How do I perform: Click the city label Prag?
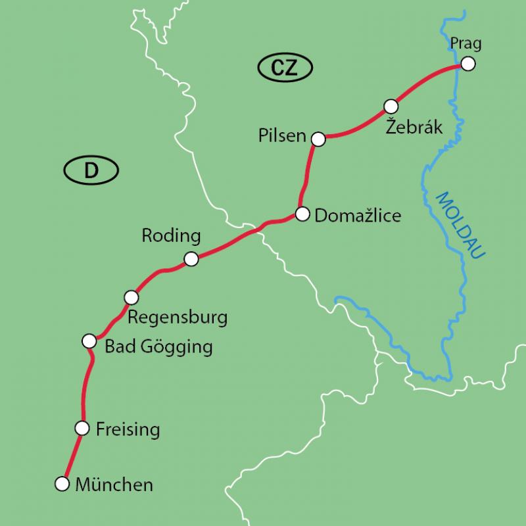click(466, 44)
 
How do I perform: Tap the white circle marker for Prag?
click(467, 64)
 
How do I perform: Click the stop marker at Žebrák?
click(391, 105)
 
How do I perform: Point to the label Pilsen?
click(283, 137)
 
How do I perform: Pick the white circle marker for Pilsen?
click(318, 139)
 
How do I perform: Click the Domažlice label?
click(358, 215)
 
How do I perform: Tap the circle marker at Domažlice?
click(302, 214)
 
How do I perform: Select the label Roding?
click(171, 236)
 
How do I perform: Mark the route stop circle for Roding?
click(191, 259)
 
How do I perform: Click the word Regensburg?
click(178, 318)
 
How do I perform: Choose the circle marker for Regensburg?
click(131, 297)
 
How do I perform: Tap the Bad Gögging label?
click(158, 347)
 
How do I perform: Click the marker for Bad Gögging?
click(89, 341)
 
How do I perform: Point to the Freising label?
click(128, 430)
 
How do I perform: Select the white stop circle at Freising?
click(82, 428)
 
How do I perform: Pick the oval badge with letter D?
click(91, 171)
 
